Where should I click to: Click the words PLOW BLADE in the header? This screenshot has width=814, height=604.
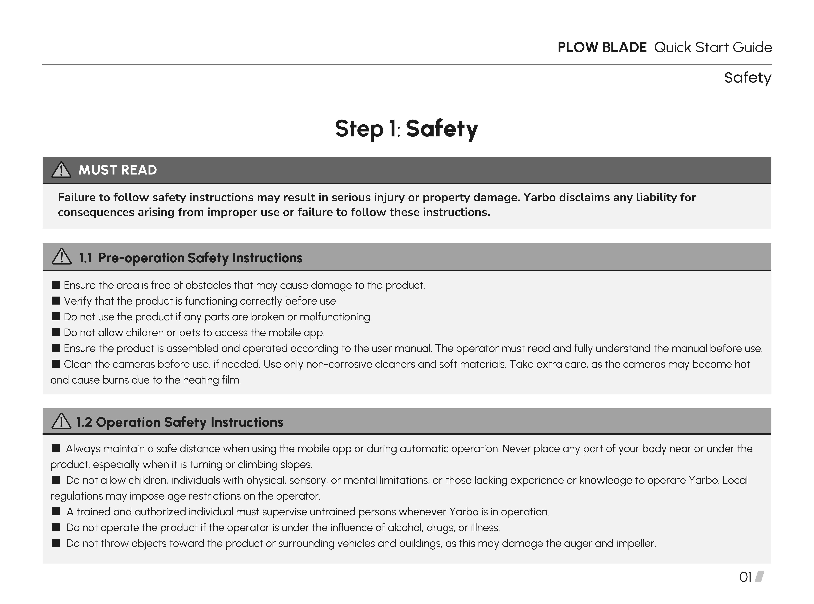click(x=602, y=47)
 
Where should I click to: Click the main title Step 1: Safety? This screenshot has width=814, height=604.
click(x=406, y=129)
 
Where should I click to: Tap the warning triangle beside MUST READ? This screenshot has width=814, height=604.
click(x=61, y=170)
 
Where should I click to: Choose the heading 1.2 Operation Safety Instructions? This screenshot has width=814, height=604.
click(x=180, y=422)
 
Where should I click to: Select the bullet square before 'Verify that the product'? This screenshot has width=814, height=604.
click(x=56, y=301)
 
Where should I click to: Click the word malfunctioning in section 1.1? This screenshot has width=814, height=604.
click(x=335, y=317)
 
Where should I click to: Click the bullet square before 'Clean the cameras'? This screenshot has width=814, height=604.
click(x=56, y=364)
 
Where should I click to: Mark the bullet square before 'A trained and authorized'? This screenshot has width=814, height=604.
click(x=56, y=512)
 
